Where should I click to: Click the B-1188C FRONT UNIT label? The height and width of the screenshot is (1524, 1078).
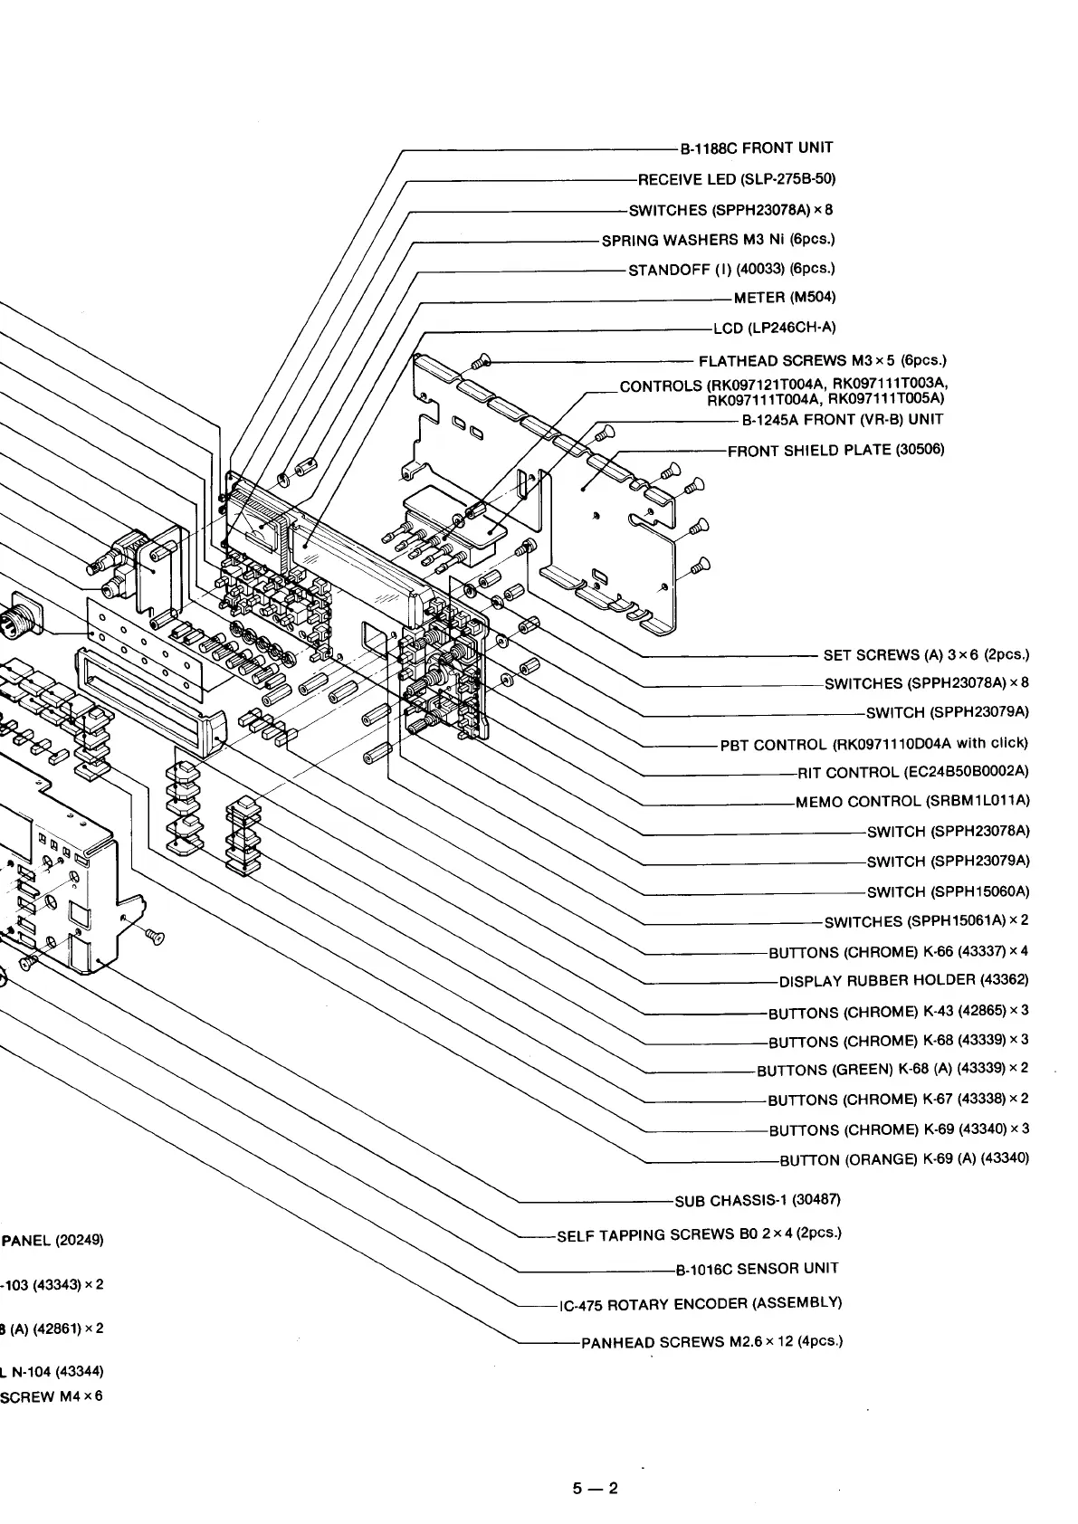pos(757,148)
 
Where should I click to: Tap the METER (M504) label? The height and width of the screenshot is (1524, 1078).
pos(785,298)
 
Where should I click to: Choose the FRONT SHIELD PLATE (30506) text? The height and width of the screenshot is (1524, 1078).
pos(836,450)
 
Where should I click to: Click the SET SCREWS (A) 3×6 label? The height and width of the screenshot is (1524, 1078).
pos(926,655)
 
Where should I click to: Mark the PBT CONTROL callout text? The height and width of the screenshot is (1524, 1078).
pos(874,744)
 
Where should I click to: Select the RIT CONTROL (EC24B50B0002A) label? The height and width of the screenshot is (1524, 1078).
pos(913,772)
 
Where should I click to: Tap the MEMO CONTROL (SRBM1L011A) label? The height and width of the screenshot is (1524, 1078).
pos(912,802)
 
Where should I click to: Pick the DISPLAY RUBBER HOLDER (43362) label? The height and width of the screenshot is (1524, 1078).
pos(903,981)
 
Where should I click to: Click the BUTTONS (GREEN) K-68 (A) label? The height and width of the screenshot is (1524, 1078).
pos(892,1070)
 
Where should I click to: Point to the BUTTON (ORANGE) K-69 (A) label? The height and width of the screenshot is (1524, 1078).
pos(904,1159)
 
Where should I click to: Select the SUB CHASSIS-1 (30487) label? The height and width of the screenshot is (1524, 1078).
pos(758,1201)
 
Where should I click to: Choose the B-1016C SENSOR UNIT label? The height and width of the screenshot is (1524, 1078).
pos(757,1269)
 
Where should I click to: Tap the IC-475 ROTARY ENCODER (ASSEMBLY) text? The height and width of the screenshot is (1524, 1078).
pos(701,1304)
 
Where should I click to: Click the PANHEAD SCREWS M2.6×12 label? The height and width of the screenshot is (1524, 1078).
pos(711,1341)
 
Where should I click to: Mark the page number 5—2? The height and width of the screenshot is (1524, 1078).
pos(594,1488)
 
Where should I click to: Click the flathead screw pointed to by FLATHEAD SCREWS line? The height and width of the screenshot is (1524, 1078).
pos(481,363)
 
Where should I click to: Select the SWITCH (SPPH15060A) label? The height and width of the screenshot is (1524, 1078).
pos(948,892)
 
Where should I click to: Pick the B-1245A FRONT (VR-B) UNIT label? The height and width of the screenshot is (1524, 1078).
pos(842,420)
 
